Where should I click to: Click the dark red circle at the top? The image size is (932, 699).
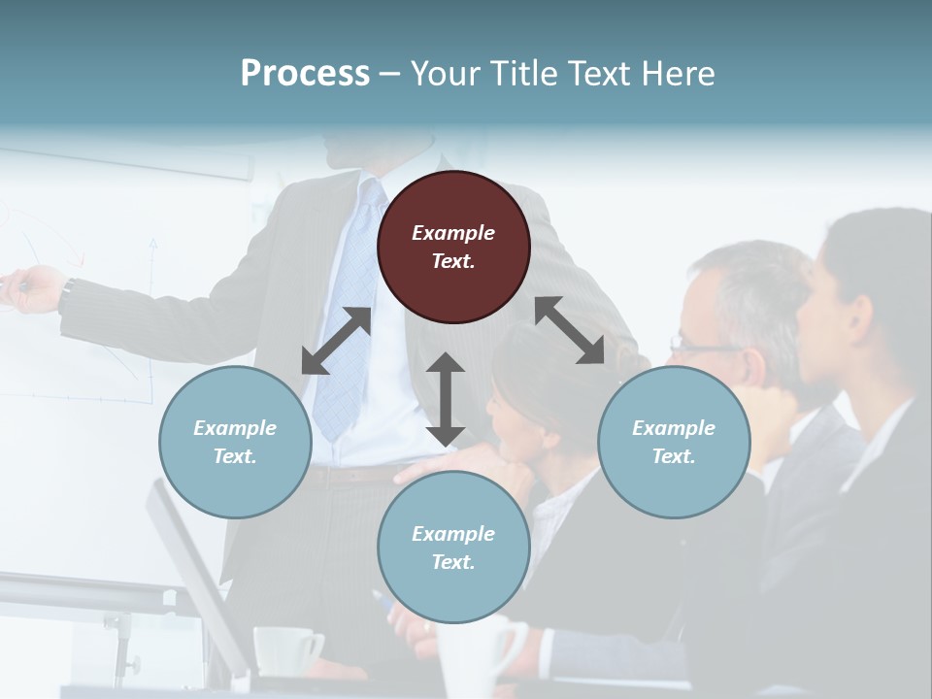click(x=453, y=247)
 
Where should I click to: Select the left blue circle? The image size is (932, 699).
click(x=235, y=442)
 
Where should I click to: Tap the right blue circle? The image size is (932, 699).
click(x=674, y=442)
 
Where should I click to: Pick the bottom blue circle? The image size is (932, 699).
click(x=453, y=548)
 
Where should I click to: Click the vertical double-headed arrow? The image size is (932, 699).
click(x=445, y=399)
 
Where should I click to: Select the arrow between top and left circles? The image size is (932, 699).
click(x=336, y=341)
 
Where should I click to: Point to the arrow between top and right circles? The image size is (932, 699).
click(x=570, y=330)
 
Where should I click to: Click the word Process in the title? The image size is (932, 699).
click(x=305, y=73)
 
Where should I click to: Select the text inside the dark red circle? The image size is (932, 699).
click(x=453, y=247)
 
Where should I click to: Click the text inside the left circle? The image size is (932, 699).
click(x=235, y=442)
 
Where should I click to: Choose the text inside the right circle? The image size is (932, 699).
click(x=674, y=442)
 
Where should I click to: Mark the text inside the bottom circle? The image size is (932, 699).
click(x=453, y=548)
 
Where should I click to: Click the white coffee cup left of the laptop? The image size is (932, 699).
click(x=287, y=649)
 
